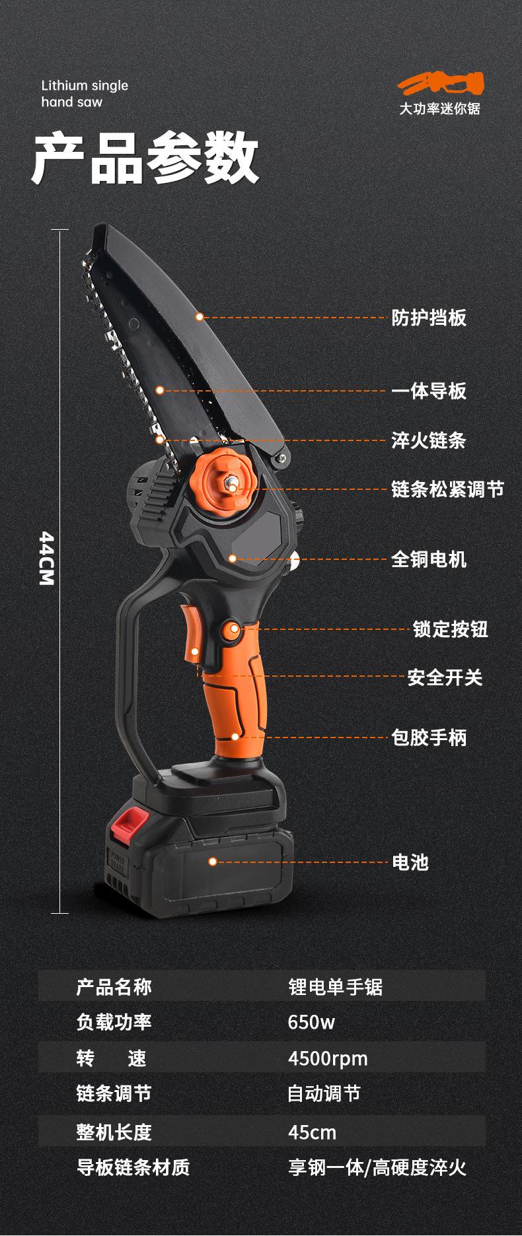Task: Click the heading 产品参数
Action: pyautogui.click(x=145, y=158)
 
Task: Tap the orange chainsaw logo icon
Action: pyautogui.click(x=440, y=84)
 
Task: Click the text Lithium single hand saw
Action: pyautogui.click(x=85, y=93)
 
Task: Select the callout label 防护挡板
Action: pyautogui.click(x=429, y=318)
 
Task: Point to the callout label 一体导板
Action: pyautogui.click(x=429, y=391)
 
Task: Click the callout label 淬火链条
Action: pyautogui.click(x=429, y=440)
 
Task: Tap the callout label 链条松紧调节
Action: pyautogui.click(x=447, y=489)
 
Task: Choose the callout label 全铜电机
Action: pyautogui.click(x=429, y=559)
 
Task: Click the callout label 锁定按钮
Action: pyautogui.click(x=451, y=629)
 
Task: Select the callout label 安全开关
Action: pyautogui.click(x=445, y=677)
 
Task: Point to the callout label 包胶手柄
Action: pyautogui.click(x=429, y=737)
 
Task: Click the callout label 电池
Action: pyautogui.click(x=410, y=862)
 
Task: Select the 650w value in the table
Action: pyautogui.click(x=311, y=1023)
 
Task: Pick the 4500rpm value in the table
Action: pyautogui.click(x=328, y=1058)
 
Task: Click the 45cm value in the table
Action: pyautogui.click(x=312, y=1132)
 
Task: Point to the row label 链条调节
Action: pyautogui.click(x=114, y=1094)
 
